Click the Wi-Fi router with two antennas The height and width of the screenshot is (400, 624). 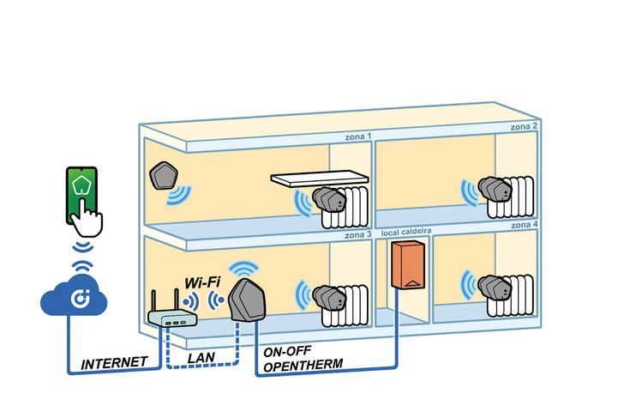pyautogui.click(x=171, y=315)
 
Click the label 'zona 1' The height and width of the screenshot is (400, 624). pyautogui.click(x=357, y=136)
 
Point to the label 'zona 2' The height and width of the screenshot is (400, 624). pyautogui.click(x=524, y=126)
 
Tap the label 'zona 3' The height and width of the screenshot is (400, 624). pyautogui.click(x=357, y=233)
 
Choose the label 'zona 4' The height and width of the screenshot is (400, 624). pyautogui.click(x=524, y=224)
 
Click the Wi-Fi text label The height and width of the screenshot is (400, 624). pyautogui.click(x=203, y=282)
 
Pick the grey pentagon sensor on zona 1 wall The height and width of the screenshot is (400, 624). pyautogui.click(x=163, y=178)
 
